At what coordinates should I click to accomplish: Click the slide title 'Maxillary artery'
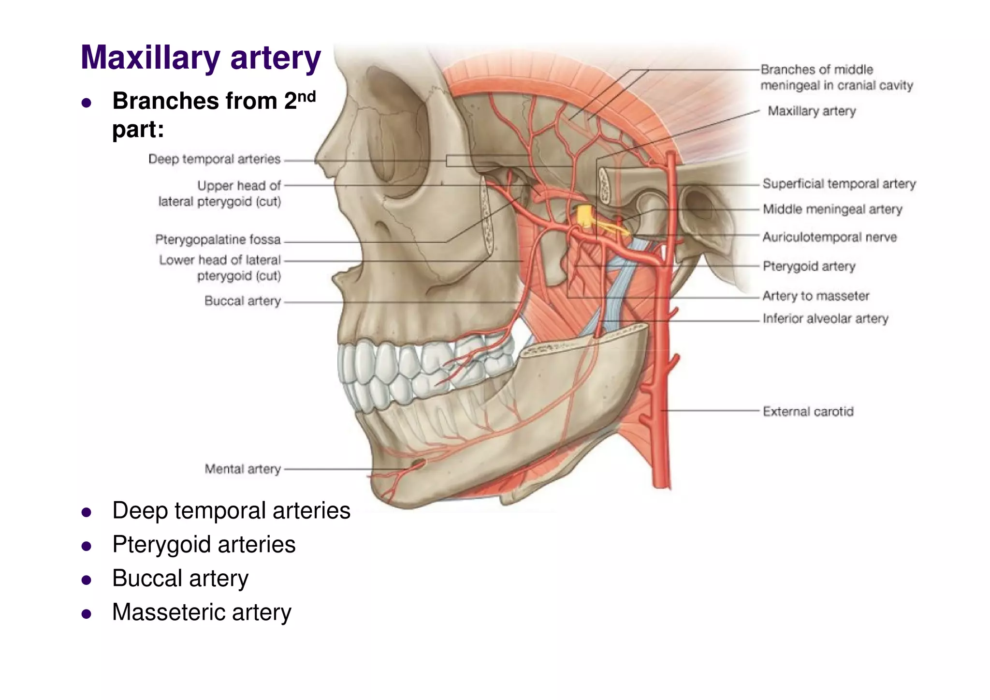click(x=201, y=58)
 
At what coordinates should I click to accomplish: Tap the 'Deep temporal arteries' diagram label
click(x=214, y=159)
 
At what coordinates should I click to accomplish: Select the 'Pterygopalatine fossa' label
click(x=218, y=239)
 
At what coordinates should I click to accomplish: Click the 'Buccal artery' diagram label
click(x=242, y=301)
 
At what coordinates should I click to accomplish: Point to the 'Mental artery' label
click(x=242, y=469)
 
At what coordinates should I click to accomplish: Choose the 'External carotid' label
click(x=808, y=411)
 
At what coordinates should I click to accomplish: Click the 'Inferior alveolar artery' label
click(x=825, y=318)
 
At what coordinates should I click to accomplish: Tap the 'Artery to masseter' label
click(x=815, y=296)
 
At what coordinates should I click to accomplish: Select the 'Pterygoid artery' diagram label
click(x=809, y=266)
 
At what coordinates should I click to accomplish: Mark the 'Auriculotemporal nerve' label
click(x=830, y=237)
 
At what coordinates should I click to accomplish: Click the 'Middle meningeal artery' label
click(x=832, y=209)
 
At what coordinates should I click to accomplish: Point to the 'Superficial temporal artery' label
click(x=839, y=184)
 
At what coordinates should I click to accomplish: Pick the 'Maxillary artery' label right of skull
click(x=812, y=111)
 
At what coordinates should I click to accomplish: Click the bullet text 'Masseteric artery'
click(x=202, y=612)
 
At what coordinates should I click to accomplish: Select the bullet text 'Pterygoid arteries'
click(x=204, y=544)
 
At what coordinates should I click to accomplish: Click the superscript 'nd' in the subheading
click(x=306, y=96)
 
